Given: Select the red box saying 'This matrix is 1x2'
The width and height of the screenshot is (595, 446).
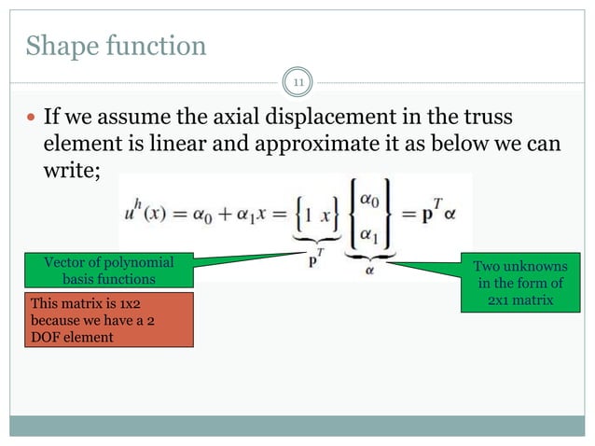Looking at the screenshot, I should pyautogui.click(x=105, y=319).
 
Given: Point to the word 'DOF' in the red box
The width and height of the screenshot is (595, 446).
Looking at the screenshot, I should pyautogui.click(x=42, y=337).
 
